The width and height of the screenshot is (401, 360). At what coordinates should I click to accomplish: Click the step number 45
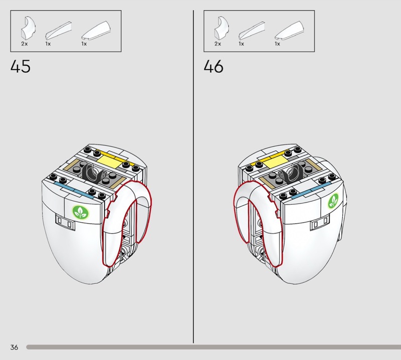click(x=21, y=66)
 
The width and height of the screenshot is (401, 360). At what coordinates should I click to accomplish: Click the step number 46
click(x=214, y=66)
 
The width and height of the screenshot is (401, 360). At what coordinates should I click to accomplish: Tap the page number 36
click(x=15, y=347)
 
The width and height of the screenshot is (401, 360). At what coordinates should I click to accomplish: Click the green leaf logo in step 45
click(x=81, y=212)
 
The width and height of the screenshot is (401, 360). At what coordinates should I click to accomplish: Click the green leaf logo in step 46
click(x=333, y=201)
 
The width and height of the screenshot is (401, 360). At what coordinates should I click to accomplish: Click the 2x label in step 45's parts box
click(x=24, y=44)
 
